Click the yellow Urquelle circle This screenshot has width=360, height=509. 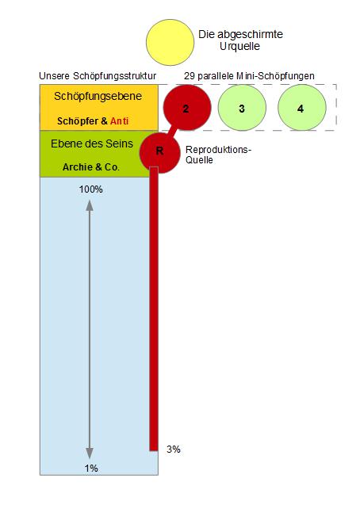[170, 42]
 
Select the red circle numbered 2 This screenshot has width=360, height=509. [187, 108]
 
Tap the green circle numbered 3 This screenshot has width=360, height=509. [242, 108]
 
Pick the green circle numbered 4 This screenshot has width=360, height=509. [302, 108]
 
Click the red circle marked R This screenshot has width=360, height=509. [159, 152]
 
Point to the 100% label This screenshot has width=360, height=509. [91, 189]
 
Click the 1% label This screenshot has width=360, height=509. [91, 468]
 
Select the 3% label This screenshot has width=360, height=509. [174, 450]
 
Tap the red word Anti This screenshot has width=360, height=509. [120, 121]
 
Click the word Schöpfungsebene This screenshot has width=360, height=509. [98, 96]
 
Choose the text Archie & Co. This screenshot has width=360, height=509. [91, 167]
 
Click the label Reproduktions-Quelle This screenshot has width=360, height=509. [218, 155]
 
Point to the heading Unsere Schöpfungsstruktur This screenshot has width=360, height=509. [98, 76]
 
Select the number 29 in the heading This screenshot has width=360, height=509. [190, 76]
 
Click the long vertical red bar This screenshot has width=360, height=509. [154, 308]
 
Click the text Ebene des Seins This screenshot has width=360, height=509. [92, 144]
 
